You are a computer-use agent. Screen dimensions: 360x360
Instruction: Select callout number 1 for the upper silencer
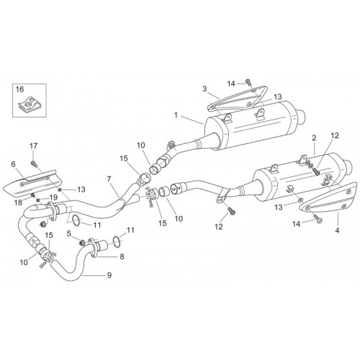tap(176, 115)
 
